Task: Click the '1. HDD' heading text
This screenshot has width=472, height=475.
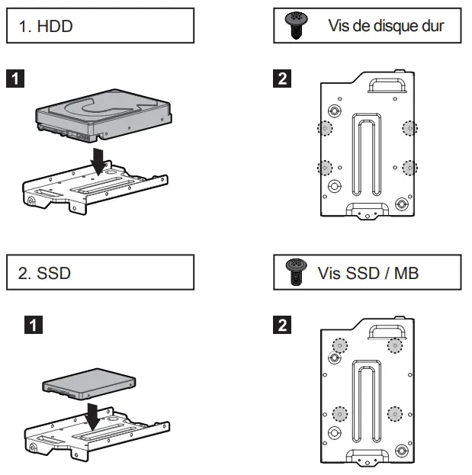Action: pyautogui.click(x=45, y=27)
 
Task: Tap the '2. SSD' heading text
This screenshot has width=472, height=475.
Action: pyautogui.click(x=45, y=273)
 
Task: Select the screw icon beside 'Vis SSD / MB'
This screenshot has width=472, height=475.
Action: pyautogui.click(x=291, y=271)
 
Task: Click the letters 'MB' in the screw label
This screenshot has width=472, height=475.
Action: pyautogui.click(x=406, y=272)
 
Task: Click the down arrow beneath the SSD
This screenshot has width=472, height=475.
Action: pyautogui.click(x=92, y=416)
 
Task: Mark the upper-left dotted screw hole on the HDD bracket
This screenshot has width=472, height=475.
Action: pyautogui.click(x=326, y=128)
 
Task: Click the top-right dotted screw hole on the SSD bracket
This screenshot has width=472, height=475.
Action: pyautogui.click(x=394, y=345)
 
